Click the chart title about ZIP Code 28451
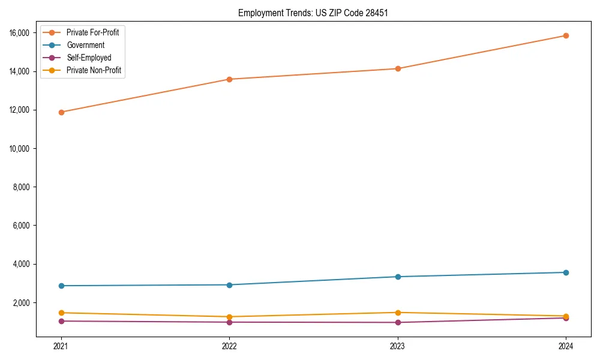click(x=313, y=13)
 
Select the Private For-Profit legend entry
click(x=92, y=32)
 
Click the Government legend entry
click(x=85, y=45)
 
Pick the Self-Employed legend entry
click(x=89, y=58)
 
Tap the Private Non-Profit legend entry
click(x=94, y=70)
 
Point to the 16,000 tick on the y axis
click(x=20, y=33)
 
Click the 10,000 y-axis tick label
click(x=20, y=149)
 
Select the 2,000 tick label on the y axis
click(x=22, y=302)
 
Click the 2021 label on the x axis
click(x=61, y=346)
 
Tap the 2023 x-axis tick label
click(x=397, y=346)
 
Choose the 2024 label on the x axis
click(x=566, y=346)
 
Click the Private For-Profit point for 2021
click(x=61, y=112)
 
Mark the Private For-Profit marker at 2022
click(x=229, y=79)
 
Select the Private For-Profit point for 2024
click(x=566, y=35)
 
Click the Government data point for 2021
click(x=61, y=286)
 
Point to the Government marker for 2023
click(x=397, y=277)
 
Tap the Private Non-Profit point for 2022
click(x=229, y=317)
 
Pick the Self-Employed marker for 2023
click(x=397, y=322)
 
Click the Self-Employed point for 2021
click(x=61, y=321)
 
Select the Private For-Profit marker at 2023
click(x=397, y=68)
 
